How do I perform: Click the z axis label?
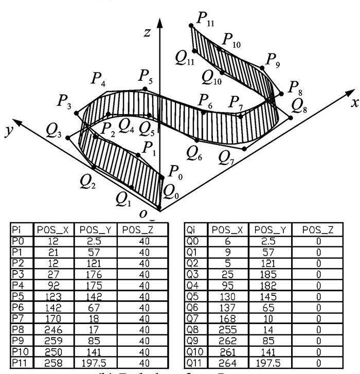click(148, 33)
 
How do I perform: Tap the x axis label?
click(354, 102)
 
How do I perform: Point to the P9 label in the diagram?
click(273, 60)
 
